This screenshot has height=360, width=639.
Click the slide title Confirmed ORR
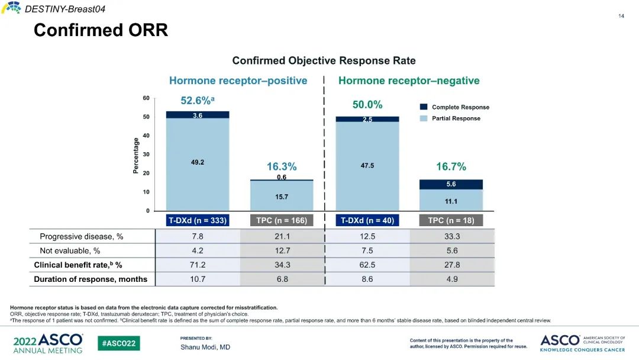coord(101,30)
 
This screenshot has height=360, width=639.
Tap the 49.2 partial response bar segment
coord(198,162)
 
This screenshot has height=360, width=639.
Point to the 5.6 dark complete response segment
coord(451,184)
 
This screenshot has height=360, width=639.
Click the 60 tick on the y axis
coord(146,98)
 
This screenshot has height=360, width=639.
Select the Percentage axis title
coord(136,156)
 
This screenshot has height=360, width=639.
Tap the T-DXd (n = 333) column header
coord(198,220)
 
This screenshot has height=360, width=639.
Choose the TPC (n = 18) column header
coord(451,220)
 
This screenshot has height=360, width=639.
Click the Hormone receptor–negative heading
coord(409,81)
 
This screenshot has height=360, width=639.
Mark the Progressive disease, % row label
coord(82,236)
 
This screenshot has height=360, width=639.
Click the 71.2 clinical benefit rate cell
coord(198,265)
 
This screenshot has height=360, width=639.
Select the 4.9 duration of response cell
coord(451,279)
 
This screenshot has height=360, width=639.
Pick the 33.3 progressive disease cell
coord(451,236)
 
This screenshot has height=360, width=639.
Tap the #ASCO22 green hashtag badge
coord(119,343)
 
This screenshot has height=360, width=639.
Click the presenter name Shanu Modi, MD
coord(205,347)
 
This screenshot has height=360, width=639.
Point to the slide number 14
coord(621,16)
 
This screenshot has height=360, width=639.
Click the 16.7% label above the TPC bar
coord(451,167)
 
